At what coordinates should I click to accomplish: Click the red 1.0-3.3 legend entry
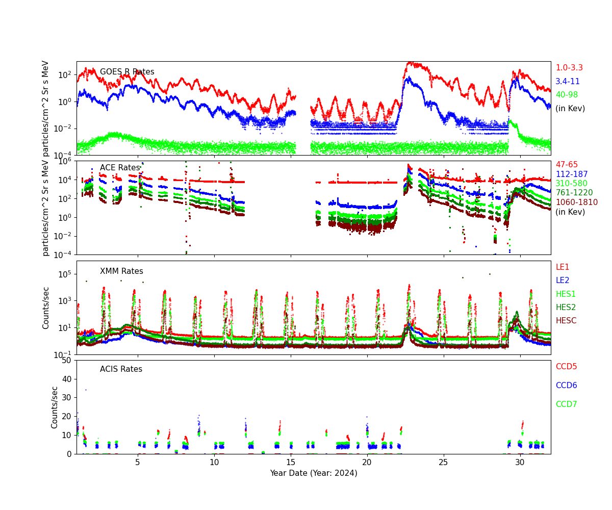click(569, 68)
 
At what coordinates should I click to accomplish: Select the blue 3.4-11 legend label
click(568, 82)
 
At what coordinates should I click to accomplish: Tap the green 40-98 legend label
click(567, 95)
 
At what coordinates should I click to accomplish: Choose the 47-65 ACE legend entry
click(567, 165)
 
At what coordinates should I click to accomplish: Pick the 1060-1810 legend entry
click(576, 202)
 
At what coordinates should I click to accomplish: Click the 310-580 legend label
click(571, 184)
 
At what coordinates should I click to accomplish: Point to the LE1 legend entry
click(562, 267)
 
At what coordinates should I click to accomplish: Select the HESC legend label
click(566, 321)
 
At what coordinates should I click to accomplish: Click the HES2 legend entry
click(566, 308)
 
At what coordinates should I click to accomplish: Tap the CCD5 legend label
click(566, 367)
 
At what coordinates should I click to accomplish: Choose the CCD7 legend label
click(566, 404)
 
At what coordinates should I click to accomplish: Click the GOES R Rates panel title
click(127, 72)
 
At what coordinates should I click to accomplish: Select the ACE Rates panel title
click(120, 168)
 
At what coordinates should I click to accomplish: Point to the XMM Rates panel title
click(121, 271)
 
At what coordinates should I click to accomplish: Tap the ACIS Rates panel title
click(121, 369)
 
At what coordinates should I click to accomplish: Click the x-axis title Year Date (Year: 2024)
click(313, 473)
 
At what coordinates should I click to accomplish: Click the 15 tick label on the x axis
click(291, 462)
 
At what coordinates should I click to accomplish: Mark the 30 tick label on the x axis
click(520, 462)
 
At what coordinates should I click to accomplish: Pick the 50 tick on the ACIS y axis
click(66, 361)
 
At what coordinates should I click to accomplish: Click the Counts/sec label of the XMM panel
click(46, 308)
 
